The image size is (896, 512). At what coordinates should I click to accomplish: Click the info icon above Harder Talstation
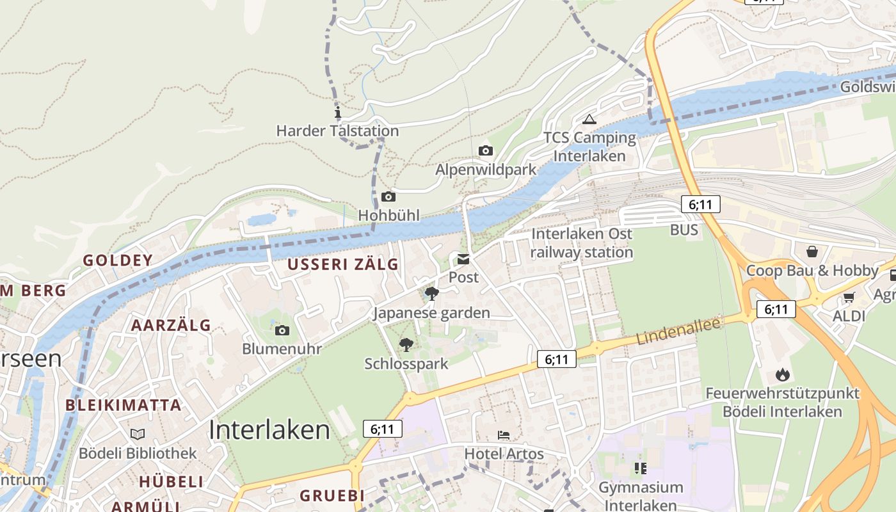(x=338, y=113)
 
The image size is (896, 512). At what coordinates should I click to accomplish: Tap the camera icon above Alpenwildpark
(x=486, y=151)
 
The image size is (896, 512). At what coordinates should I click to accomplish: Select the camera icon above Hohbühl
(x=388, y=197)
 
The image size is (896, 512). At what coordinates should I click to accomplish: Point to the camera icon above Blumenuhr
(x=282, y=331)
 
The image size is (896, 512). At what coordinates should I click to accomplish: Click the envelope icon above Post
(x=463, y=259)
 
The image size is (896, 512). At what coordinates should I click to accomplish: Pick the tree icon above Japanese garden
(x=432, y=294)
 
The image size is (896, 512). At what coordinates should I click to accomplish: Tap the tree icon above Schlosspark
(x=406, y=345)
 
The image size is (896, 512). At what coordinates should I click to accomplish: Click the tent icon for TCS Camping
(x=589, y=119)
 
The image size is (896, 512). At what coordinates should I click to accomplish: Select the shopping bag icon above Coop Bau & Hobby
(x=812, y=252)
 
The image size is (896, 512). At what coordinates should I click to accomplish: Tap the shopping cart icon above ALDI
(x=849, y=297)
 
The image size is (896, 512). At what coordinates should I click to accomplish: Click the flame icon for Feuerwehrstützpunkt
(x=782, y=374)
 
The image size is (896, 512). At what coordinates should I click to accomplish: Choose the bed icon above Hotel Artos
(x=504, y=435)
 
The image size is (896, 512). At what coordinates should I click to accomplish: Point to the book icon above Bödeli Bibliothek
(x=138, y=435)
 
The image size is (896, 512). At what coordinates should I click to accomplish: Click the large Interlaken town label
(x=269, y=430)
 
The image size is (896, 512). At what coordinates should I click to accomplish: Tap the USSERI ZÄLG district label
(x=342, y=264)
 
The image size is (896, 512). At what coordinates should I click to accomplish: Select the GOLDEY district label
(x=118, y=260)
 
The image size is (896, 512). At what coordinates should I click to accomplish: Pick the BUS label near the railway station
(x=684, y=230)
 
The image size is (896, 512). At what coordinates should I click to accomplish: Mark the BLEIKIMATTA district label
(x=124, y=405)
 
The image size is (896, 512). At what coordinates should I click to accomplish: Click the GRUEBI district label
(x=332, y=495)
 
